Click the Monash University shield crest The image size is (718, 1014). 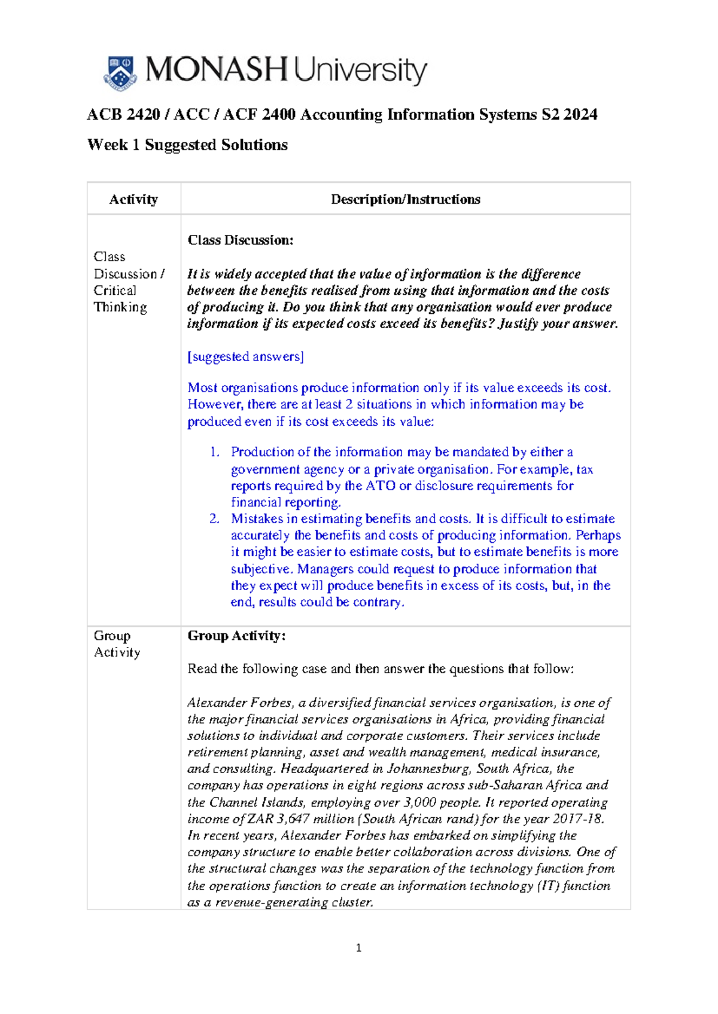(120, 73)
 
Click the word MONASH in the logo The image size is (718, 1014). (217, 70)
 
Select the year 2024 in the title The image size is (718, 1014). (580, 114)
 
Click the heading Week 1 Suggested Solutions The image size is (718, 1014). (187, 145)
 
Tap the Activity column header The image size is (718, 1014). (133, 199)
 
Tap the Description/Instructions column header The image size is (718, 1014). (405, 199)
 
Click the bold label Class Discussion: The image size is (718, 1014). (240, 240)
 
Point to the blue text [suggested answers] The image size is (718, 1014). (245, 356)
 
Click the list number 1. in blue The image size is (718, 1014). (215, 452)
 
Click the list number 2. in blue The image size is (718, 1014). (215, 518)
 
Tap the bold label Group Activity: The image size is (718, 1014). (236, 636)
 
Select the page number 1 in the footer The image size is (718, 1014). (358, 948)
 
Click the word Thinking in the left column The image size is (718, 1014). (120, 307)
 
